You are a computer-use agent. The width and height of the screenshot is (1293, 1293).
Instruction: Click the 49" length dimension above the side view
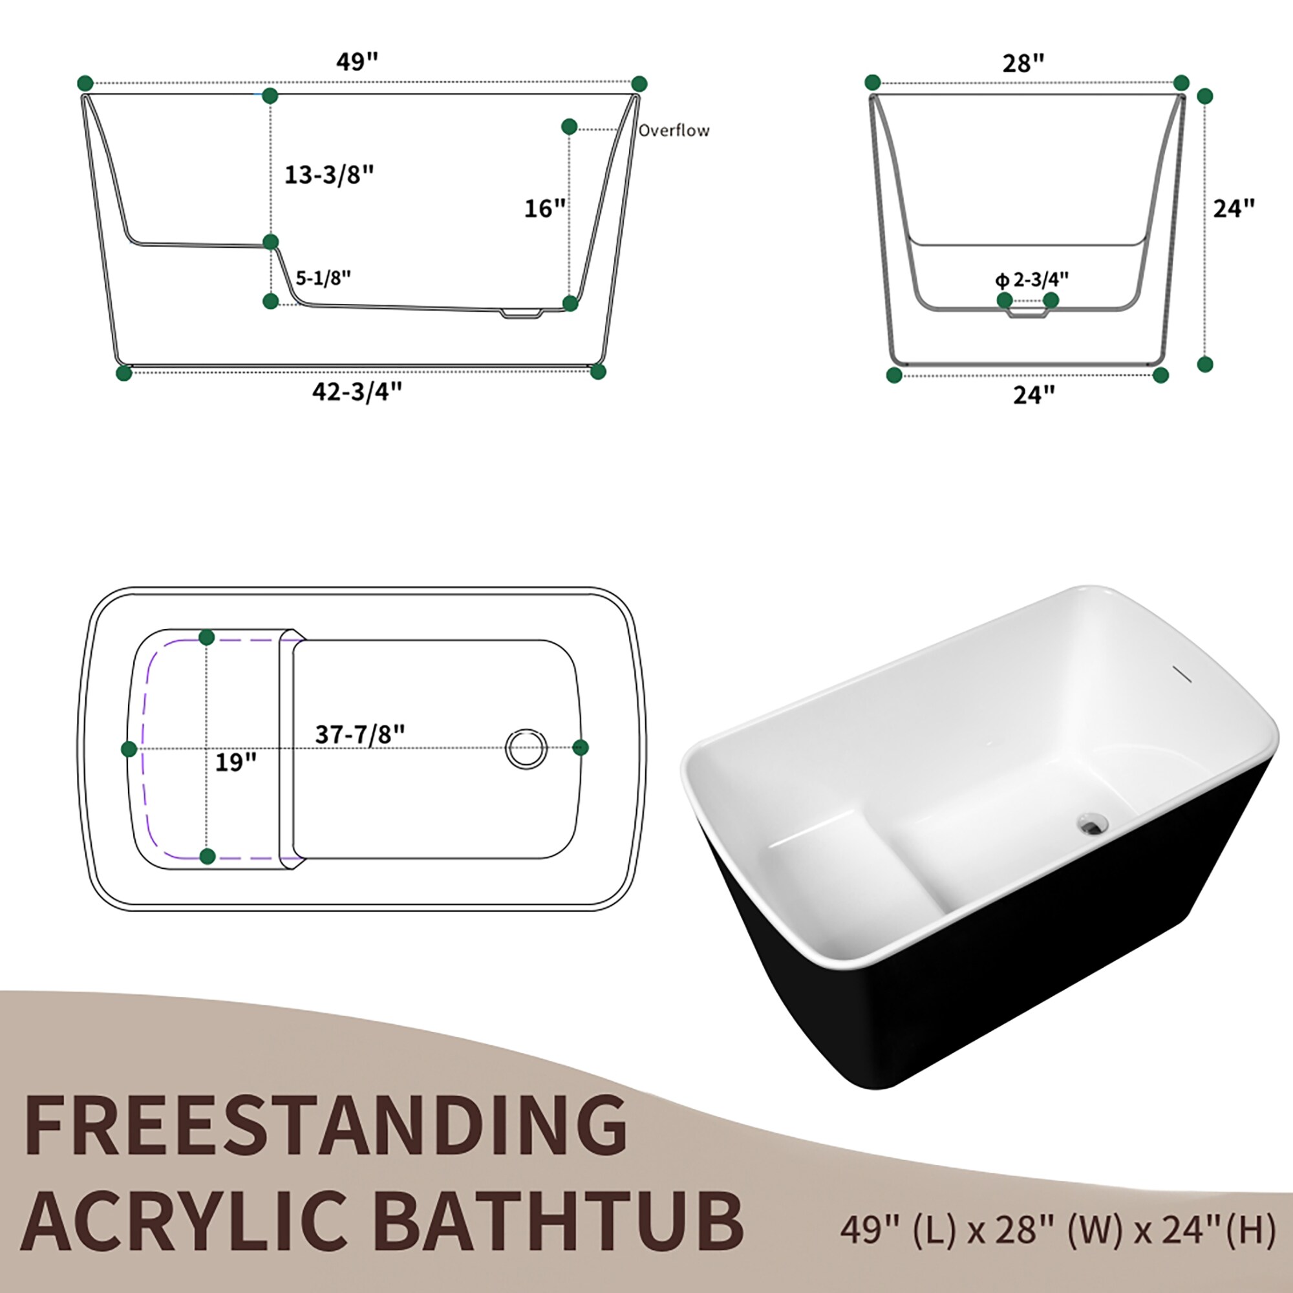(357, 61)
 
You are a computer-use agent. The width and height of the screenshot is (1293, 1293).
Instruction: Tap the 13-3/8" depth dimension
(328, 175)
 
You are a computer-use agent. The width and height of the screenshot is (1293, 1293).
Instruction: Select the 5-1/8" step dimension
(323, 278)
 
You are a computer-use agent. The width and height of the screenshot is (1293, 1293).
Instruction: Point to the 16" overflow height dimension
(544, 208)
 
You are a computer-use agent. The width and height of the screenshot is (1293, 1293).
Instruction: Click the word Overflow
(673, 131)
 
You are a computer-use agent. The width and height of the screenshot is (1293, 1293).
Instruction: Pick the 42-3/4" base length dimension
(357, 392)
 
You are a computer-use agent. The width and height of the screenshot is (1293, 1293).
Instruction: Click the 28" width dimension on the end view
(1023, 63)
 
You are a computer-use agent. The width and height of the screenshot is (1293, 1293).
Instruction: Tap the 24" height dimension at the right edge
(1234, 208)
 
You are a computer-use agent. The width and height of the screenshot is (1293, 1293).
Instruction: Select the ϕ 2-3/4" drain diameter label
(1031, 279)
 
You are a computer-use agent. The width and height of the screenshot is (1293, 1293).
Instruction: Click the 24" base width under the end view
(1033, 395)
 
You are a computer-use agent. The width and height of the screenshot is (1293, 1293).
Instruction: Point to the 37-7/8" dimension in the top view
(359, 734)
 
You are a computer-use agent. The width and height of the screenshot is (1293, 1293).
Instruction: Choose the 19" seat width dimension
(235, 762)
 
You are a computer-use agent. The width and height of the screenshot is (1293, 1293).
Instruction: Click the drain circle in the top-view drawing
(526, 748)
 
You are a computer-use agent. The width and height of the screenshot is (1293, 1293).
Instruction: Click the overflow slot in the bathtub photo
(1182, 674)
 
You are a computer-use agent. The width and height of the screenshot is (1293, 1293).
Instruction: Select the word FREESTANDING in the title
(325, 1124)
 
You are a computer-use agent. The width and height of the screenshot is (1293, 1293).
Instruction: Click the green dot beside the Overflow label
(569, 127)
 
